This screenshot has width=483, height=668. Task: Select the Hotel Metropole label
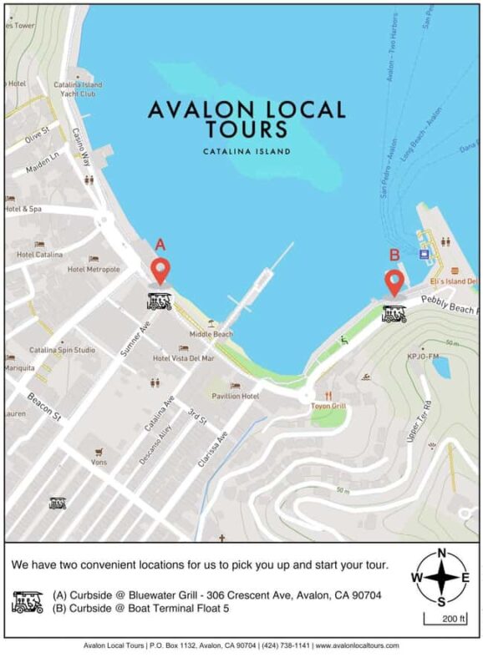tap(94, 269)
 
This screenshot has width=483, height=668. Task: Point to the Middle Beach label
tap(211, 334)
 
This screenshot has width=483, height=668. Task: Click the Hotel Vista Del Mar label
tap(183, 357)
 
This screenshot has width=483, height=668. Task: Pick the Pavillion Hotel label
tap(235, 395)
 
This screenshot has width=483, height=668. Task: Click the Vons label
tap(99, 461)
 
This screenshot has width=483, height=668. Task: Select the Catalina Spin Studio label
tap(63, 350)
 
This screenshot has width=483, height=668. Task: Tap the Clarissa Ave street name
tap(211, 451)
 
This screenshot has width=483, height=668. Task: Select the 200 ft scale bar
tap(438, 619)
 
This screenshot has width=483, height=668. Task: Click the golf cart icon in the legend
tap(28, 601)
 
